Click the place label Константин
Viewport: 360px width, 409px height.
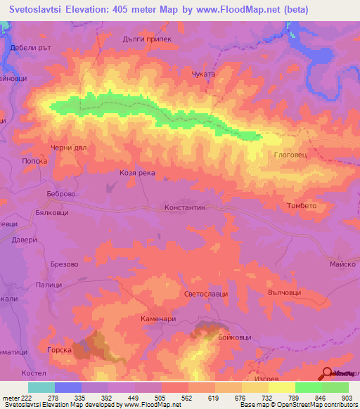pyautogui.click(x=184, y=208)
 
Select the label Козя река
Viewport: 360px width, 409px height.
pyautogui.click(x=136, y=173)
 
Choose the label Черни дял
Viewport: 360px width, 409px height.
pyautogui.click(x=67, y=148)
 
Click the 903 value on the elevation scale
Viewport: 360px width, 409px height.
pyautogui.click(x=348, y=397)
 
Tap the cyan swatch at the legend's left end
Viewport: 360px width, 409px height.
pyautogui.click(x=41, y=387)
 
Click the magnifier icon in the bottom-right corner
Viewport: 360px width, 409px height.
pyautogui.click(x=326, y=373)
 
